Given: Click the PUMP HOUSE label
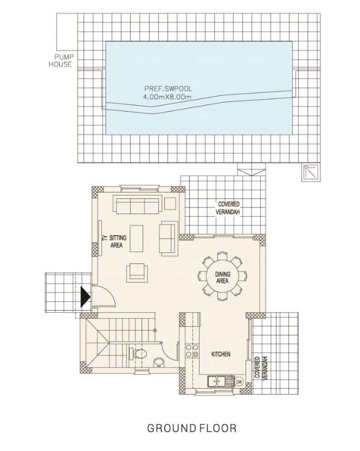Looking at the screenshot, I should tap(63, 60).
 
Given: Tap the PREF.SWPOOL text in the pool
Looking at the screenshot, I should tap(169, 88).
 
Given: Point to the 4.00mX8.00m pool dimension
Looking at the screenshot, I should tap(168, 96).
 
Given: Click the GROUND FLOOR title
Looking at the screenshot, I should tap(192, 428).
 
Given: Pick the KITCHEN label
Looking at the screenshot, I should tap(221, 355).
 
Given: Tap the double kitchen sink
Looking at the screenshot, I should tap(219, 381).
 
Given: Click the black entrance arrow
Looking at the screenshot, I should tap(85, 298).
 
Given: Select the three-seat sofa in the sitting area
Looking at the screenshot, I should tap(136, 205).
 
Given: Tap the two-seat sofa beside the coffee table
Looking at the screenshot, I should tap(168, 238).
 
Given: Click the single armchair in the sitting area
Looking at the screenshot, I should tap(137, 272).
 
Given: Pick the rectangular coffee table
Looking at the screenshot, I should tap(137, 238).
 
